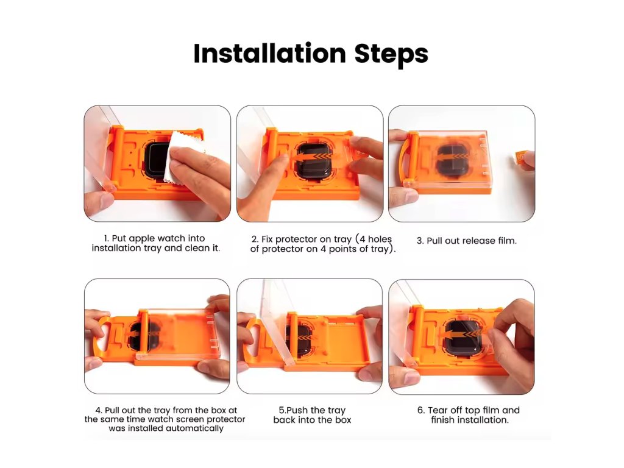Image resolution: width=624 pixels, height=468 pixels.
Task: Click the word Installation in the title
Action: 270,54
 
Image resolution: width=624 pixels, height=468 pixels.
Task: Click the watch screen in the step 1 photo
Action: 157,159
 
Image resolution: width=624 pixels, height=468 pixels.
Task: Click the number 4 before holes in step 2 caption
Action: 362,239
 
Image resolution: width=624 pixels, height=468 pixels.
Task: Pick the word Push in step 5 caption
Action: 297,410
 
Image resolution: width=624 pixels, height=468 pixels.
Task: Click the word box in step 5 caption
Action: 343,420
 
